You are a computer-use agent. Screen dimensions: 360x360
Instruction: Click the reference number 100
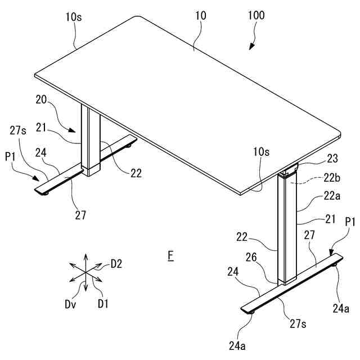coord(256,16)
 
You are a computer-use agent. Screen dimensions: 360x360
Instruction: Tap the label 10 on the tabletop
coord(201,16)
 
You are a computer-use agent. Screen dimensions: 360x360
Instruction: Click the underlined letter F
coord(170,256)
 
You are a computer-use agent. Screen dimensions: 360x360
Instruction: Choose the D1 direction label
coord(102,304)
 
